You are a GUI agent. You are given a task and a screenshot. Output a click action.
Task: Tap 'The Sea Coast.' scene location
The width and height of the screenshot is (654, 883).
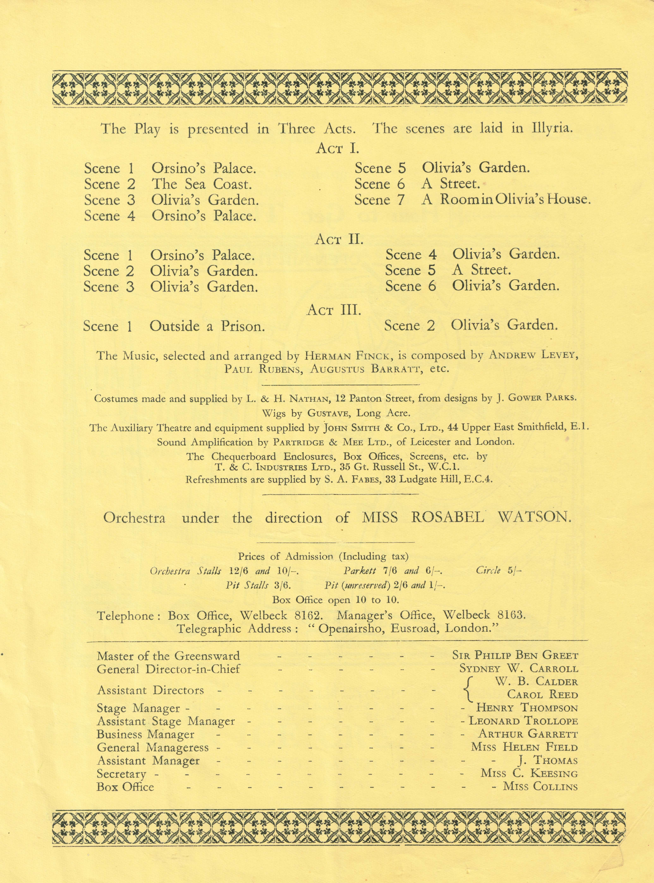point(201,184)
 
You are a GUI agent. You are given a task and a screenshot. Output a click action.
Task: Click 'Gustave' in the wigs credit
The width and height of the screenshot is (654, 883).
point(326,413)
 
